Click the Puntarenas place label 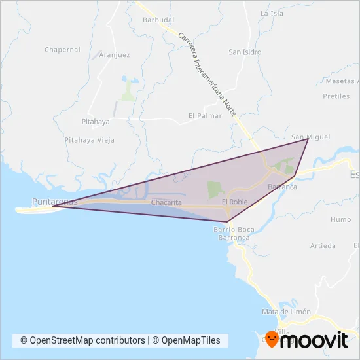pyautogui.click(x=54, y=202)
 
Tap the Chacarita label pyautogui.click(x=166, y=203)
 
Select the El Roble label pyautogui.click(x=234, y=202)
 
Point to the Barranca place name pyautogui.click(x=283, y=187)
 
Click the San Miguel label pyautogui.click(x=310, y=137)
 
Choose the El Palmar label pyautogui.click(x=205, y=115)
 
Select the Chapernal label pyautogui.click(x=62, y=50)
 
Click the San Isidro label pyautogui.click(x=245, y=52)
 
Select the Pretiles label pyautogui.click(x=336, y=96)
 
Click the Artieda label pyautogui.click(x=323, y=246)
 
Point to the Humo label pyautogui.click(x=340, y=220)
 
